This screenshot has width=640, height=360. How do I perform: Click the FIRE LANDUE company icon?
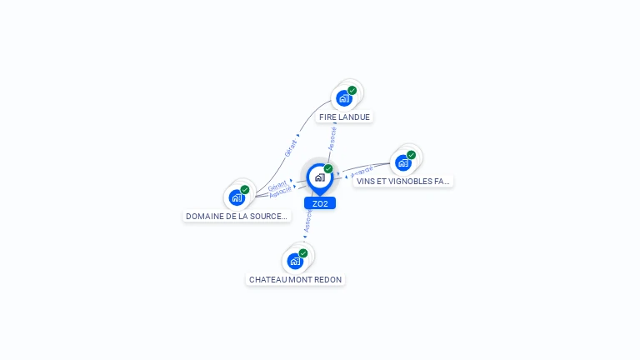pyautogui.click(x=343, y=98)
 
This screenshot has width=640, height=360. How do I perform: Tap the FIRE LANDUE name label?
pyautogui.click(x=344, y=117)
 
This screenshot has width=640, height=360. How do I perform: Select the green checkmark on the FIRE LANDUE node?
pyautogui.click(x=352, y=90)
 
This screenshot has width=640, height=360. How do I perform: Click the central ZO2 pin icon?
pyautogui.click(x=319, y=177)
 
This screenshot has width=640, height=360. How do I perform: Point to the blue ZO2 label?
pyautogui.click(x=320, y=203)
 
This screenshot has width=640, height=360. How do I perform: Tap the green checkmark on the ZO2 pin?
pyautogui.click(x=328, y=168)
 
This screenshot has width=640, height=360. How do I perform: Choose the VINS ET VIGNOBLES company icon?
pyautogui.click(x=403, y=162)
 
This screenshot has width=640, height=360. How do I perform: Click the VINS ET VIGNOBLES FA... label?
pyautogui.click(x=403, y=181)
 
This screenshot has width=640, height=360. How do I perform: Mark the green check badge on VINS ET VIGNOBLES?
pyautogui.click(x=412, y=154)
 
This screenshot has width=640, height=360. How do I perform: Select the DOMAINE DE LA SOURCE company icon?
pyautogui.click(x=237, y=197)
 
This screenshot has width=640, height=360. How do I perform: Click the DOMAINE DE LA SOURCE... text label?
pyautogui.click(x=237, y=217)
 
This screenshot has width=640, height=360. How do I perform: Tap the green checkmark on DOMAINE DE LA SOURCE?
pyautogui.click(x=245, y=189)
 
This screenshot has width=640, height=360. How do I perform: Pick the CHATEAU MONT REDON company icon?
pyautogui.click(x=295, y=261)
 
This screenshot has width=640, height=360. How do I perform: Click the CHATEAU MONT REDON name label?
pyautogui.click(x=295, y=280)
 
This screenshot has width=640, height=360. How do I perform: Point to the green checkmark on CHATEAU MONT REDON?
pyautogui.click(x=303, y=252)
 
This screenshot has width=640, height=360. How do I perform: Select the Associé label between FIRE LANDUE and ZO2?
pyautogui.click(x=332, y=138)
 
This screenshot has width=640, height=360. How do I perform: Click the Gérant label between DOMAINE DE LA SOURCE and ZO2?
pyautogui.click(x=277, y=185)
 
